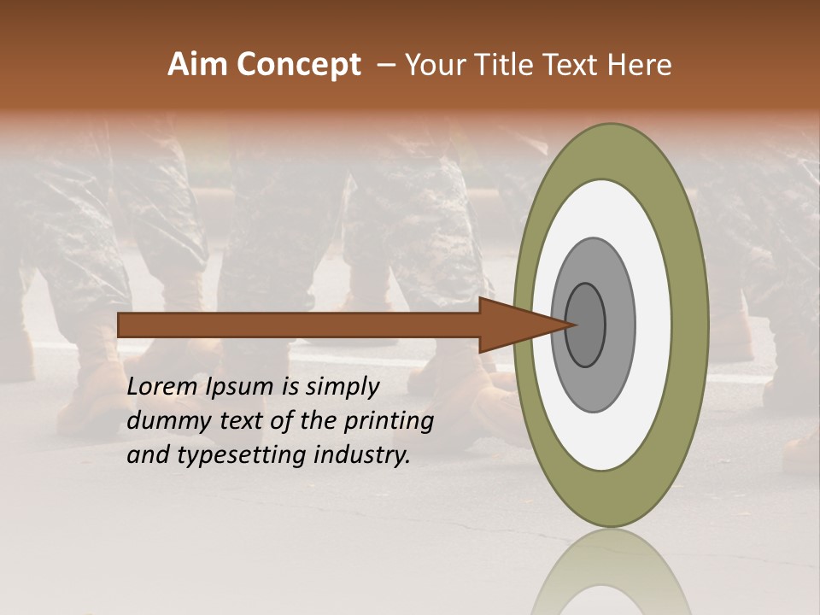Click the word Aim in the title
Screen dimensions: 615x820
197,65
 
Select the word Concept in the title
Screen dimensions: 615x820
296,65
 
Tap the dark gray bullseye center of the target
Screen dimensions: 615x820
587,325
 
